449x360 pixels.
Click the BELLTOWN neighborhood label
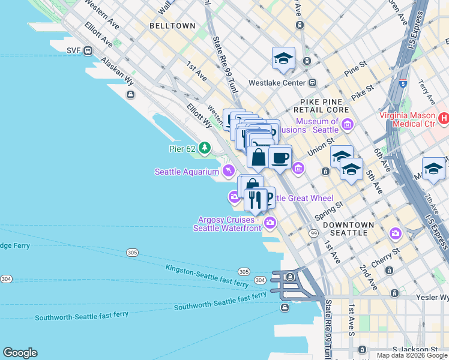(172, 26)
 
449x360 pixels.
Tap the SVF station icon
(88, 50)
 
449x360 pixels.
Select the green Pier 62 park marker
(205, 148)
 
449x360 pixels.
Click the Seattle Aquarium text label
(187, 172)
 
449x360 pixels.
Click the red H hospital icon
(444, 119)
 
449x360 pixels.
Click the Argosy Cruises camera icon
(270, 223)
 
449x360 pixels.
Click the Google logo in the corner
(20, 353)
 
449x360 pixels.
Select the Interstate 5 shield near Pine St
(403, 85)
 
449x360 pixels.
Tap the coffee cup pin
(280, 158)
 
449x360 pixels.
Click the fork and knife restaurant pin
(255, 200)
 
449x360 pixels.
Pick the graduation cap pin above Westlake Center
(283, 58)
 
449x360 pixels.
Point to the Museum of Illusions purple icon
(348, 125)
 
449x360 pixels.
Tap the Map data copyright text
(411, 355)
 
